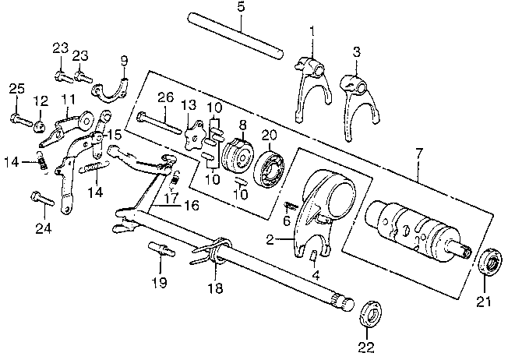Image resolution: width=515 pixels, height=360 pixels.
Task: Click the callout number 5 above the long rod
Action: pyautogui.click(x=241, y=7)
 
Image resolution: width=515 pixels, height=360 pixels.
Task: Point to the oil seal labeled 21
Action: pyautogui.click(x=492, y=262)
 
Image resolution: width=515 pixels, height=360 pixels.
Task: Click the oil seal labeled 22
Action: pyautogui.click(x=371, y=313)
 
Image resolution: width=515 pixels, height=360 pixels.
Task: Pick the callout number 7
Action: pyautogui.click(x=419, y=154)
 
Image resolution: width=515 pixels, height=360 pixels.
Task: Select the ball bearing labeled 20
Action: pyautogui.click(x=270, y=168)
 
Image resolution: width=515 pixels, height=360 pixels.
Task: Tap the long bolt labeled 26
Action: pyautogui.click(x=160, y=122)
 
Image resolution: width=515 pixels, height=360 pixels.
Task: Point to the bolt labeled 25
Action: pyautogui.click(x=21, y=119)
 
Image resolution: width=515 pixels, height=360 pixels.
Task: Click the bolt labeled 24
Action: pyautogui.click(x=42, y=199)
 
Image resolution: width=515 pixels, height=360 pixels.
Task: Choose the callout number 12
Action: pyautogui.click(x=41, y=101)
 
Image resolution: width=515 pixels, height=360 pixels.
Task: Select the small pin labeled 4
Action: pyautogui.click(x=314, y=255)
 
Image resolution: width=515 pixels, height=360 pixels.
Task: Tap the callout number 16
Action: pyautogui.click(x=192, y=206)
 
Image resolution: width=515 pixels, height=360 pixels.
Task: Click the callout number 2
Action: pyautogui.click(x=270, y=240)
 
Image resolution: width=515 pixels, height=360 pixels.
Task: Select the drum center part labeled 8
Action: pyautogui.click(x=238, y=156)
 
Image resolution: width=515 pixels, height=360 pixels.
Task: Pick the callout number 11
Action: pyautogui.click(x=69, y=99)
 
